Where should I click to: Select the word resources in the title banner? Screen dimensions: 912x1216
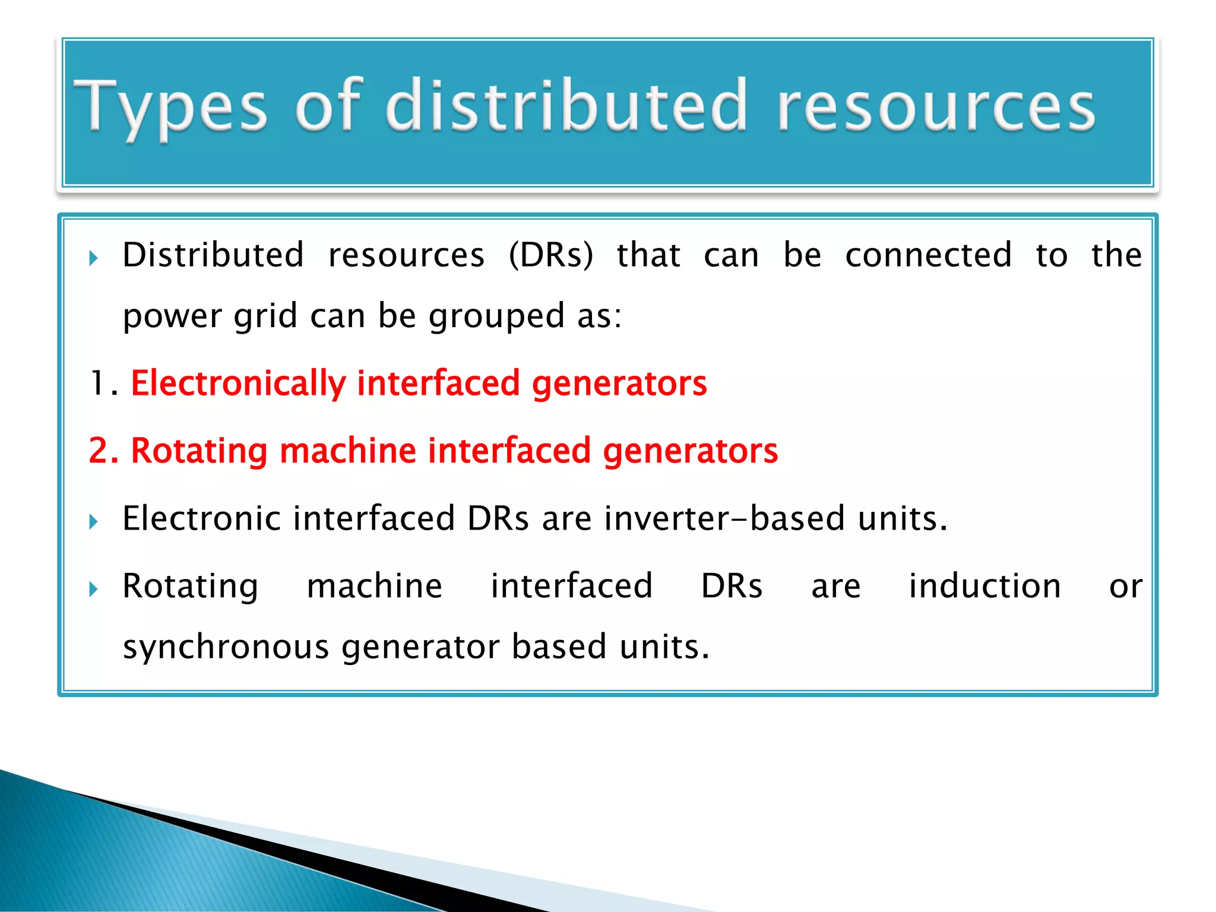tap(936, 107)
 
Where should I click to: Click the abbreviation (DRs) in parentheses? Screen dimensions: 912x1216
tap(551, 255)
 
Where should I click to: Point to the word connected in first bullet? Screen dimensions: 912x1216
tap(928, 255)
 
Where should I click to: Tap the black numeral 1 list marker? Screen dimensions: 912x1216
tap(97, 383)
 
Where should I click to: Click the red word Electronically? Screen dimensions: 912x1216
tap(238, 383)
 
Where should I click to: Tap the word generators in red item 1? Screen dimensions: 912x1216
tap(619, 383)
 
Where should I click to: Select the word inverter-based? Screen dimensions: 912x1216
tap(724, 518)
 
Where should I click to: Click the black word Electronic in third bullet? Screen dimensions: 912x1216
tap(201, 518)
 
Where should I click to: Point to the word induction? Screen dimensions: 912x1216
tap(984, 586)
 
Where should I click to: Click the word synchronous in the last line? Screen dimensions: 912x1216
tap(226, 647)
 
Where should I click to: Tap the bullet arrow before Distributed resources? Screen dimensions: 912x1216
tap(93, 258)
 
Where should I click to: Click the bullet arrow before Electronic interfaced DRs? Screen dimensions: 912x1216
tap(93, 522)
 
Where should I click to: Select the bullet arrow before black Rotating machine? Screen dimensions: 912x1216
tap(93, 590)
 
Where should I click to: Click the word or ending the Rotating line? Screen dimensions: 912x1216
tap(1125, 587)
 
